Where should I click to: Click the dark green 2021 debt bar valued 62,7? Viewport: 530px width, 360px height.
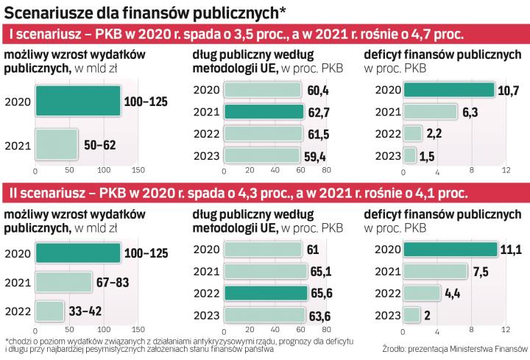263,112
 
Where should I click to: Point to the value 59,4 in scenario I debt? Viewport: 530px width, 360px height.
317,156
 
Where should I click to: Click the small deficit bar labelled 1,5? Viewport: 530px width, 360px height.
409,156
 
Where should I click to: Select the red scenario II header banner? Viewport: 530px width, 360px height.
265,194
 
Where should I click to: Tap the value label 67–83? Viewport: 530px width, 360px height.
113,281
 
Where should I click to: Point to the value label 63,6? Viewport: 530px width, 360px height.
322,314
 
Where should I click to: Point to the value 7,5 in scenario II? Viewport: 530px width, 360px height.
480,271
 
